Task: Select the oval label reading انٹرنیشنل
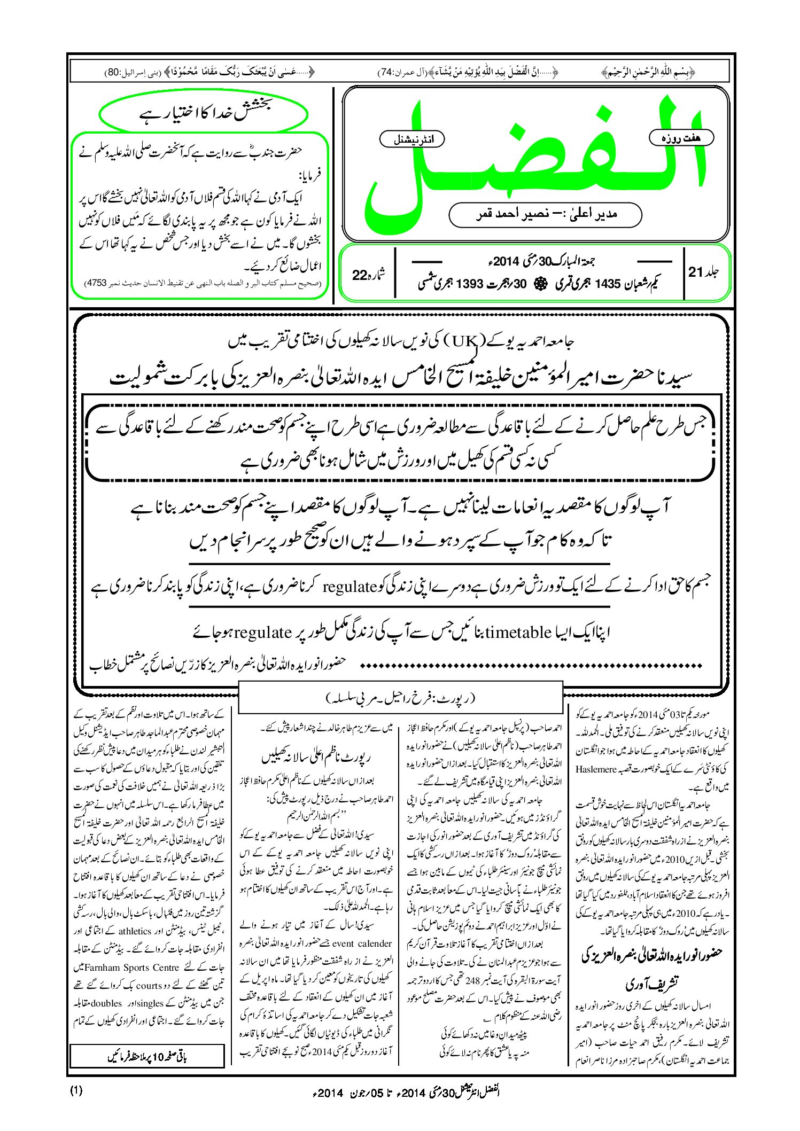411,139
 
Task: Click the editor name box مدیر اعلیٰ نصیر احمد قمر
545,214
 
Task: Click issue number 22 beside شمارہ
360,275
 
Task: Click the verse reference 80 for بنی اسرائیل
114,72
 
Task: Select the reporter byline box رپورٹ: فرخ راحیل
400,698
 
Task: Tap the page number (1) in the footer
76,1090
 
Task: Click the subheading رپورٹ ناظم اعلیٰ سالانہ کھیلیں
316,757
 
